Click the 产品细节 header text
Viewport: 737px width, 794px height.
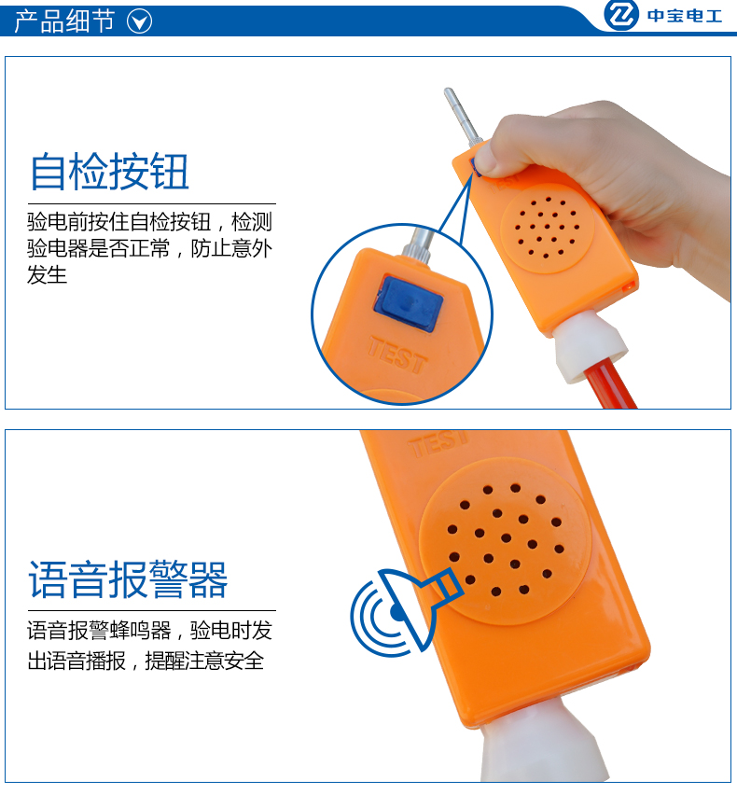[64, 21]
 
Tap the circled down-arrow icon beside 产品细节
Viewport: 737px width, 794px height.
[139, 22]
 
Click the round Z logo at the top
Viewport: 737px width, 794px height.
[621, 15]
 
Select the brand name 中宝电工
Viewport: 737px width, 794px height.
[685, 16]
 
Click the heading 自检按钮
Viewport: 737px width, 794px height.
[110, 172]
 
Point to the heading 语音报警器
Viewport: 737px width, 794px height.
[128, 579]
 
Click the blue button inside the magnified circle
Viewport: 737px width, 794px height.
[408, 304]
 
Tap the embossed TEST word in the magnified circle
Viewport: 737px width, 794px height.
[397, 355]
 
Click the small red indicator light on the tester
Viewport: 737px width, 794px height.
[628, 287]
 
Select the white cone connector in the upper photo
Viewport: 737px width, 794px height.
[590, 347]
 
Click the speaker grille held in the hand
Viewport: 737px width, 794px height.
[547, 229]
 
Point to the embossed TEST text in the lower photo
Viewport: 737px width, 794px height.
[439, 443]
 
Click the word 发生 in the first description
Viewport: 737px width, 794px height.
[47, 274]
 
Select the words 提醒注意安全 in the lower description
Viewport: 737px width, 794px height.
[204, 661]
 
